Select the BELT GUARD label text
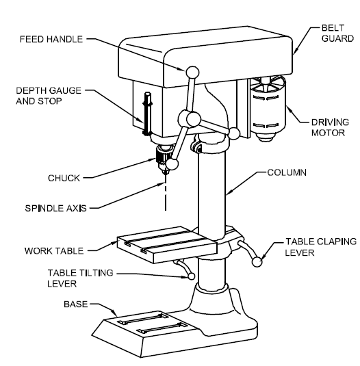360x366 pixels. (324, 32)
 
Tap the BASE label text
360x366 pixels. (75, 302)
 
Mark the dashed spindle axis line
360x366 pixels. (164, 195)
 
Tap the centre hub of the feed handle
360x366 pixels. (193, 120)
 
